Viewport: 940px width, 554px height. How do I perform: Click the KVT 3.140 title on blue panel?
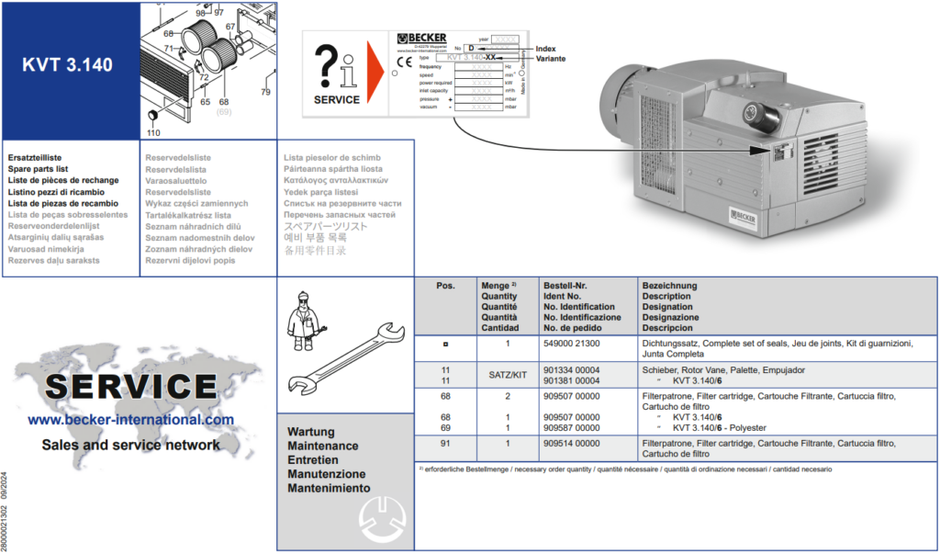point(68,65)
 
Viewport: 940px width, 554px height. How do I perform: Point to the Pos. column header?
point(445,286)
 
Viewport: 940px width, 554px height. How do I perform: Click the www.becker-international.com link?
point(130,420)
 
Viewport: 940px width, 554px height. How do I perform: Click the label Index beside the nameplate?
point(545,48)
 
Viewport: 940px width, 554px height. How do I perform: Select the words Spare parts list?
point(38,169)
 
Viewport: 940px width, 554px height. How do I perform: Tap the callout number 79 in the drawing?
point(265,93)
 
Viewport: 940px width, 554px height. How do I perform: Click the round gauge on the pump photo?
point(758,117)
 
